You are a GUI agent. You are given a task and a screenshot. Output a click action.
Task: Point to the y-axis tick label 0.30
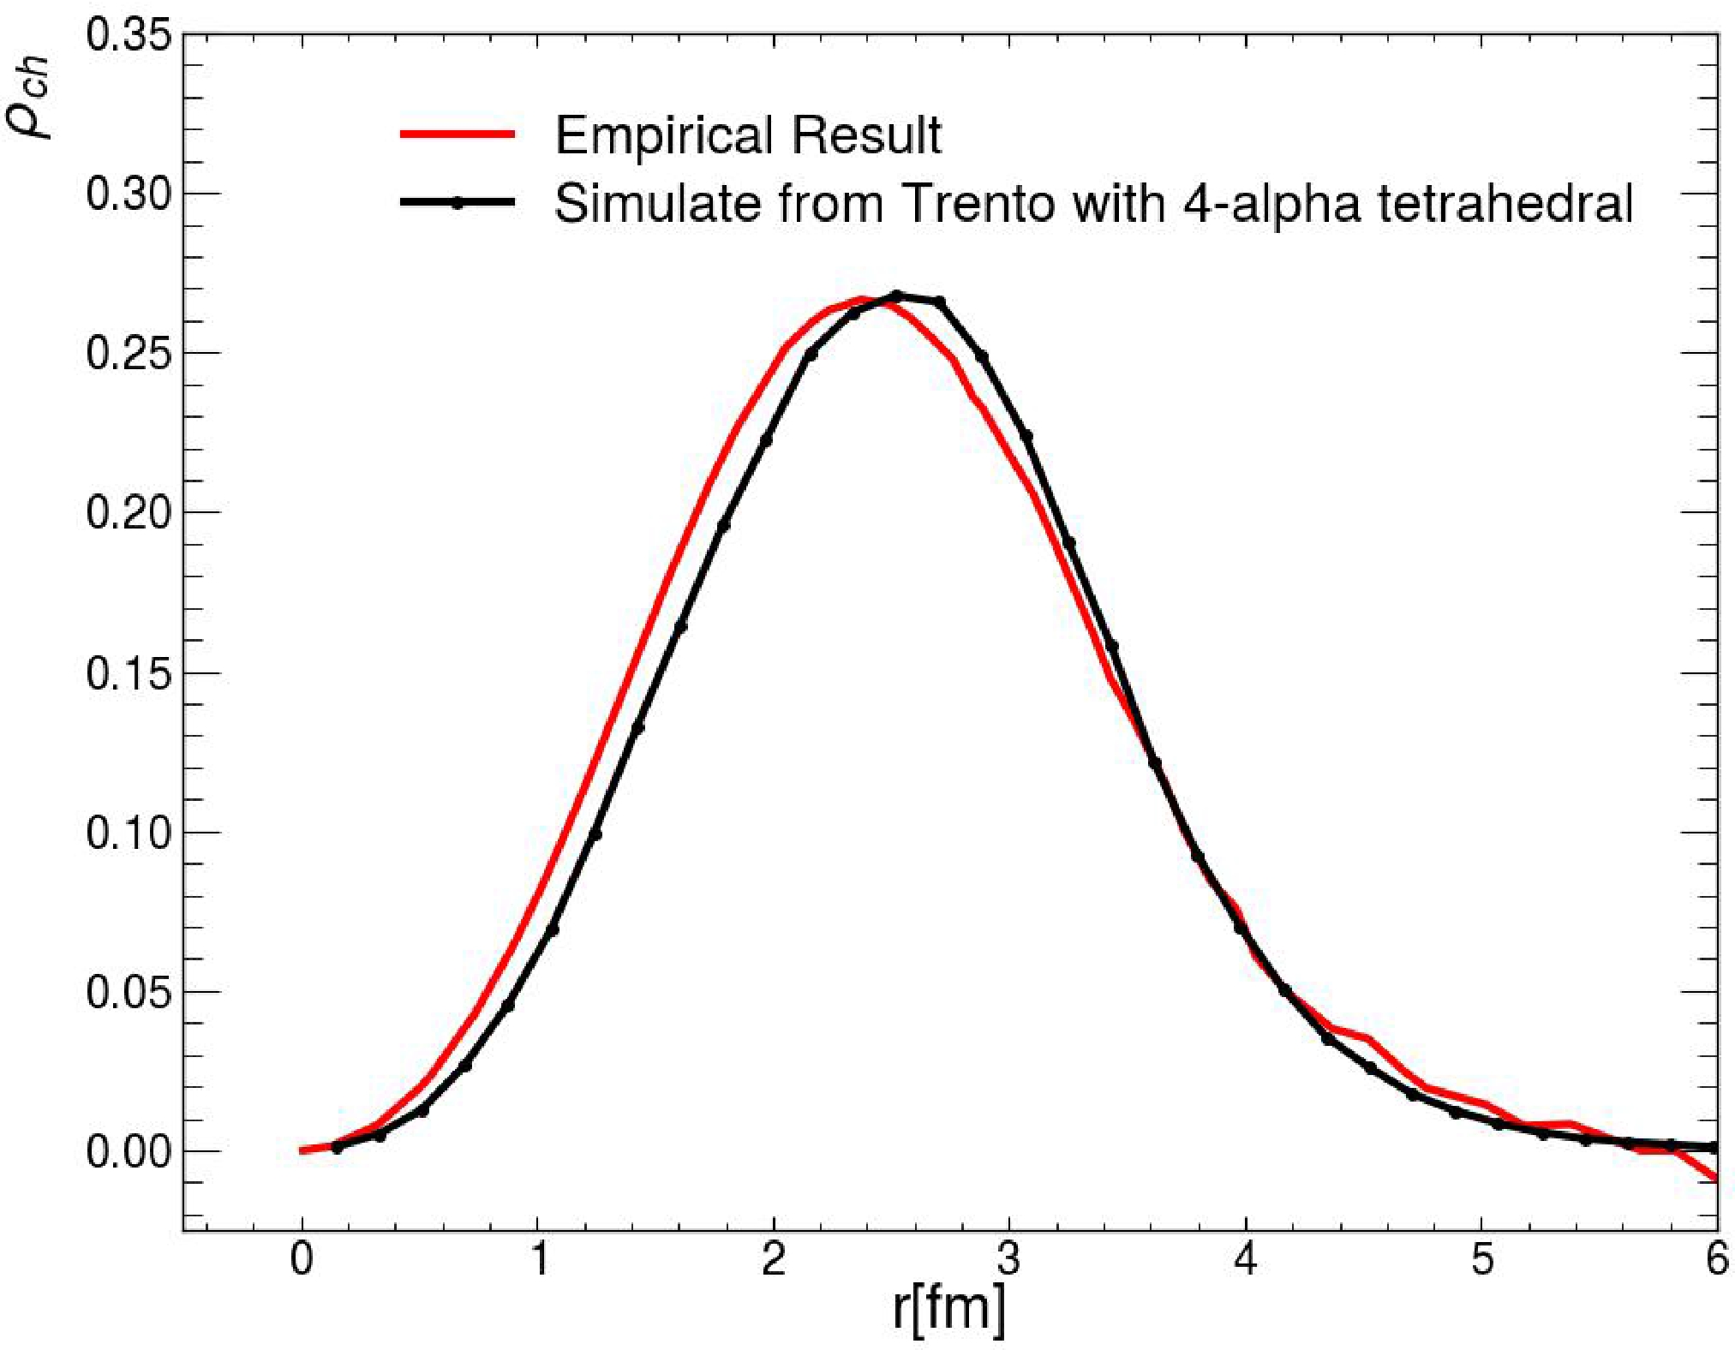click(129, 194)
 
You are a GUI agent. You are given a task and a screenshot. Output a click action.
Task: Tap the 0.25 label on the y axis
click(129, 353)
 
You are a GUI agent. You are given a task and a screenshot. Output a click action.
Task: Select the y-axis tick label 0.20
click(129, 512)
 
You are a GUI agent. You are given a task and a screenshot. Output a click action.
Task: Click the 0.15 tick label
click(129, 673)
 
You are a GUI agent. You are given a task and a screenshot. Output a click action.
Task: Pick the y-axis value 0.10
click(129, 833)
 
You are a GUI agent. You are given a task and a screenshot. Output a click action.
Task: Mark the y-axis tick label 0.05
click(129, 992)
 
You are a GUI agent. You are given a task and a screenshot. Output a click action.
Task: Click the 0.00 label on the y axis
click(129, 1151)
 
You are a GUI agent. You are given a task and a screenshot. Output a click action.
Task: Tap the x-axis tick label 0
click(302, 1259)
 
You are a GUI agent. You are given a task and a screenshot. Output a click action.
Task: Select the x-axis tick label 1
click(539, 1259)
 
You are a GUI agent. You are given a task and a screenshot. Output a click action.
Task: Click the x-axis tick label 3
click(1009, 1259)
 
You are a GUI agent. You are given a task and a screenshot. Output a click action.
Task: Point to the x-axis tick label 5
click(1482, 1259)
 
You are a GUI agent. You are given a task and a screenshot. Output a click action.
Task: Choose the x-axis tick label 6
click(1716, 1259)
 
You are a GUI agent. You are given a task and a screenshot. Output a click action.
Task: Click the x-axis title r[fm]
click(948, 1309)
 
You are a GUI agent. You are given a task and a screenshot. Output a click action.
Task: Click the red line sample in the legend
click(458, 134)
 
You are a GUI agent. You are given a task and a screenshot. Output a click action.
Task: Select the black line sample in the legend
click(458, 203)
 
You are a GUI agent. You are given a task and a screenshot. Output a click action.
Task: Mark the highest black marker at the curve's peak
click(896, 296)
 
